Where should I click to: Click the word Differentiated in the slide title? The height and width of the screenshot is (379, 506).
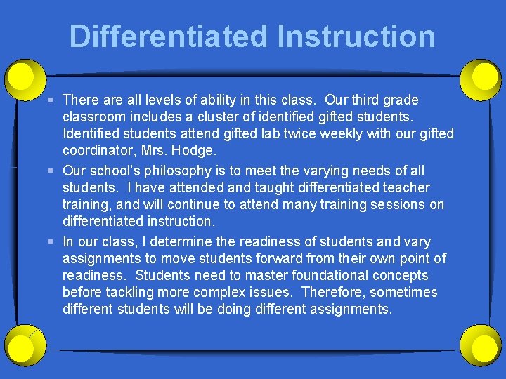coord(168,36)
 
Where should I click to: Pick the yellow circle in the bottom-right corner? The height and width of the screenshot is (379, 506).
coord(484,347)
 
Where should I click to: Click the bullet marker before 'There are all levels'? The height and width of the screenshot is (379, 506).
coord(53,100)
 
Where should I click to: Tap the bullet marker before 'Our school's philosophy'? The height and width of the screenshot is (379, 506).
coord(53,171)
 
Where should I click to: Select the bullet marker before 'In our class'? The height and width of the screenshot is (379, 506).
coord(53,241)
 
